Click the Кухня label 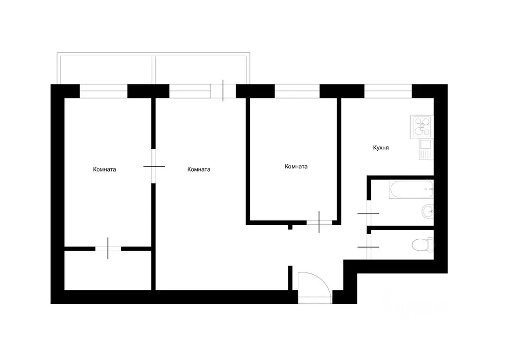(381, 148)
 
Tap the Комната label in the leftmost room (104, 169)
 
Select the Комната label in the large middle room (199, 169)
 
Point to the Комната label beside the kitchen (296, 167)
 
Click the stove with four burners (422, 126)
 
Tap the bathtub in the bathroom (411, 189)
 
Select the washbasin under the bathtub (427, 211)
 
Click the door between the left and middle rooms (154, 166)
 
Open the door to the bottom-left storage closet (108, 248)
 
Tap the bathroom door (368, 213)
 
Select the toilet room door (368, 246)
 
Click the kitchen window (388, 91)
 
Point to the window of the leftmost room (103, 91)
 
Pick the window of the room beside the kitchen (297, 91)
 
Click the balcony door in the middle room (223, 91)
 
